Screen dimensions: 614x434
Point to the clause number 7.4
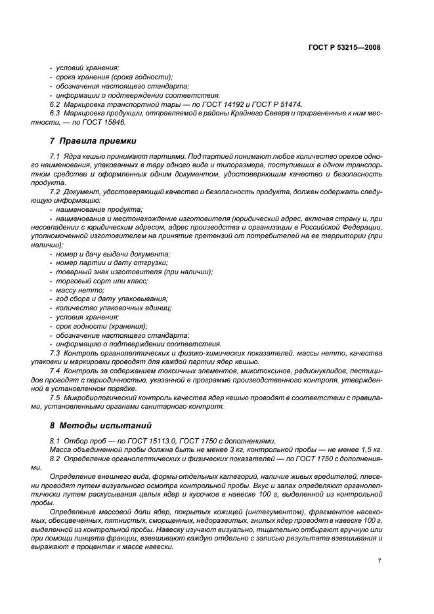point(54,371)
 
